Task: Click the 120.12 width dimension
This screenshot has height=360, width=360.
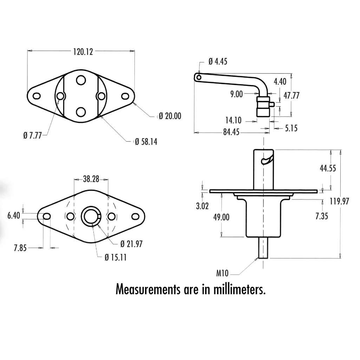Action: point(83,52)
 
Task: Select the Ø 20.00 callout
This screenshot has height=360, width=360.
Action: point(170,116)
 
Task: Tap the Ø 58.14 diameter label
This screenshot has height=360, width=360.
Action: point(146,142)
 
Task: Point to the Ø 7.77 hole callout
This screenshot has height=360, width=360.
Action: point(32,136)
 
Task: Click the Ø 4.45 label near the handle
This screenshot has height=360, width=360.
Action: point(218,61)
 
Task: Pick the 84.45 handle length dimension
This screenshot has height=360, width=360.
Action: point(231,132)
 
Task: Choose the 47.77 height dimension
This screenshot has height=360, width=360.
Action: point(292,95)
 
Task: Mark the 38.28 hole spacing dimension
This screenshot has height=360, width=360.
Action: point(91,179)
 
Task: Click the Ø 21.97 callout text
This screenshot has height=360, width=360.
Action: point(131,244)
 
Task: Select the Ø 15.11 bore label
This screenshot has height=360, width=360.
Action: point(116,257)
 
